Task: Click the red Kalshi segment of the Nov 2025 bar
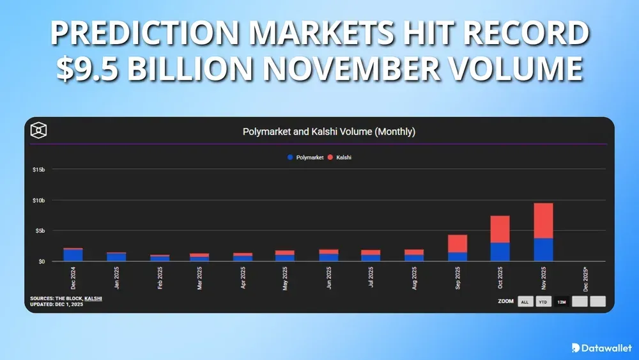click(543, 221)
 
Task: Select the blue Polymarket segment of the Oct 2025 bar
click(500, 251)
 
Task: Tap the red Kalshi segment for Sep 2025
click(457, 244)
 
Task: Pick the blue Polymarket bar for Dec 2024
click(73, 254)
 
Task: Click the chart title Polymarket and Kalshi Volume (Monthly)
click(329, 132)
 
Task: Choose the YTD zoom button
click(543, 302)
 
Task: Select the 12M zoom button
click(562, 302)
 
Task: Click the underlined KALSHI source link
click(93, 299)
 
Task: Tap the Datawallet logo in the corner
click(601, 348)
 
